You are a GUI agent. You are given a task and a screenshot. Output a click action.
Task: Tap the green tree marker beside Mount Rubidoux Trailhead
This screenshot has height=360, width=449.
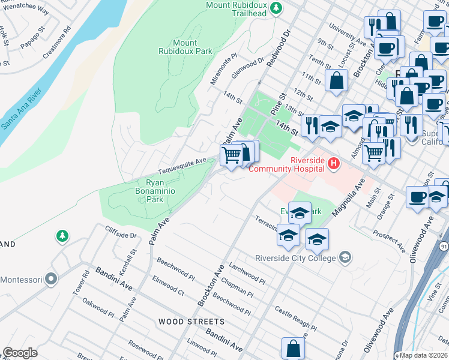click(x=276, y=8)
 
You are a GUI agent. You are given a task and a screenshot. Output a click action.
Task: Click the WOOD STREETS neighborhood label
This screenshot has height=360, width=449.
click(x=191, y=322)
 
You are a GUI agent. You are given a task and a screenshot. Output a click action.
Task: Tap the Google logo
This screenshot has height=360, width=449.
click(x=20, y=353)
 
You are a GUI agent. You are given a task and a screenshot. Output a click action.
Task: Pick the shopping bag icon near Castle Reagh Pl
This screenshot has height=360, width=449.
click(x=293, y=348)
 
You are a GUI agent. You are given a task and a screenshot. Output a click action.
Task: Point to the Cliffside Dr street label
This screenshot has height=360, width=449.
click(x=121, y=231)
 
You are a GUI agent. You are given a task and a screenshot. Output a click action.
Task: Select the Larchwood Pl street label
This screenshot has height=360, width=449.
click(x=247, y=275)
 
